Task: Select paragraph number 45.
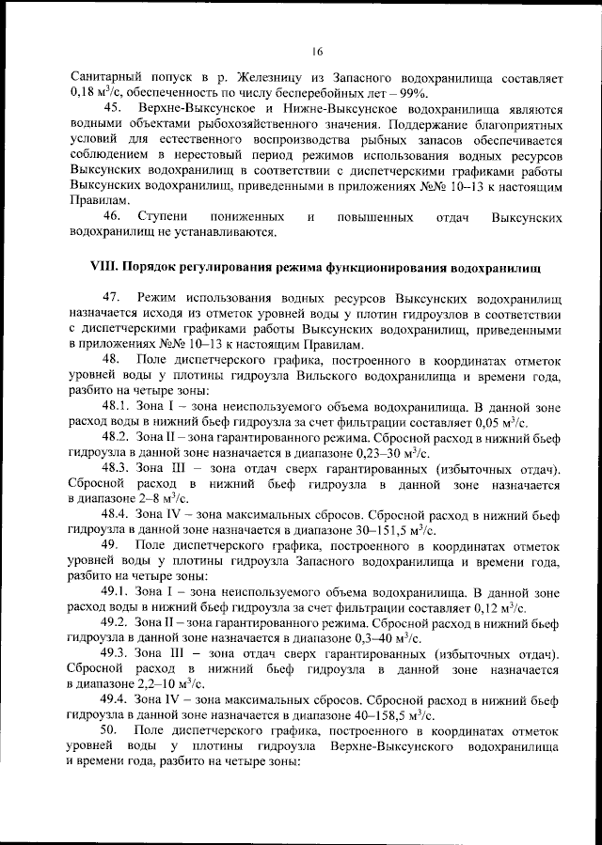pos(114,111)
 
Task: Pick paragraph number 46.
pos(114,217)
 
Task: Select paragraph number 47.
pos(114,297)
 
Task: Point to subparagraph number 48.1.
pos(118,408)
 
